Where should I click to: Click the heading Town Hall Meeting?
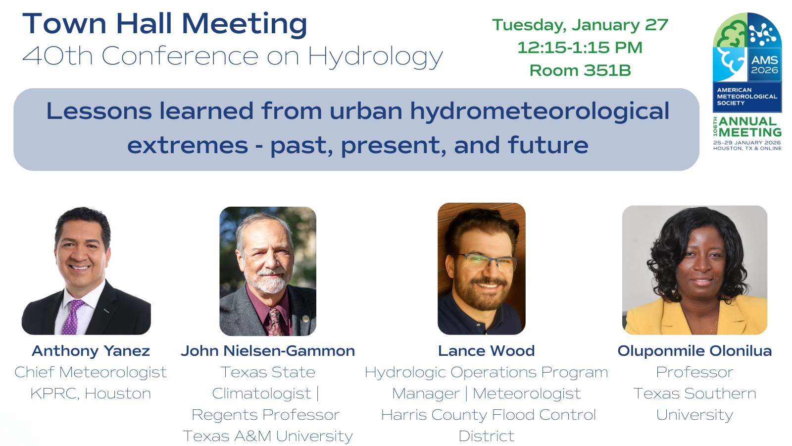165,24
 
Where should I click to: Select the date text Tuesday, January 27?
580,25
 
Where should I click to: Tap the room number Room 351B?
580,70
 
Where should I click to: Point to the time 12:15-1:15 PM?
580,48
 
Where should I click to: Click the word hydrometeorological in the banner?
540,111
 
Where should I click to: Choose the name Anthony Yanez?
91,351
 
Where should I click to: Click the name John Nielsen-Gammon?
268,351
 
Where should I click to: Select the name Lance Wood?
486,351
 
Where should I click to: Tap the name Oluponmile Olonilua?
694,351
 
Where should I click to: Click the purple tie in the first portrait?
73,317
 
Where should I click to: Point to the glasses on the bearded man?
488,263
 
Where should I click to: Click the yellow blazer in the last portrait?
695,316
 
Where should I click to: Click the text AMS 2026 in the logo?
764,65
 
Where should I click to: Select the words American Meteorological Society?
747,97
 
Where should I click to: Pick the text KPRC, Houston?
91,393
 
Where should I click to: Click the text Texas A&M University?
268,436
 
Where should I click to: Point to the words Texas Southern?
694,393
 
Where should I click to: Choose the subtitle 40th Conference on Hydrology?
233,56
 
